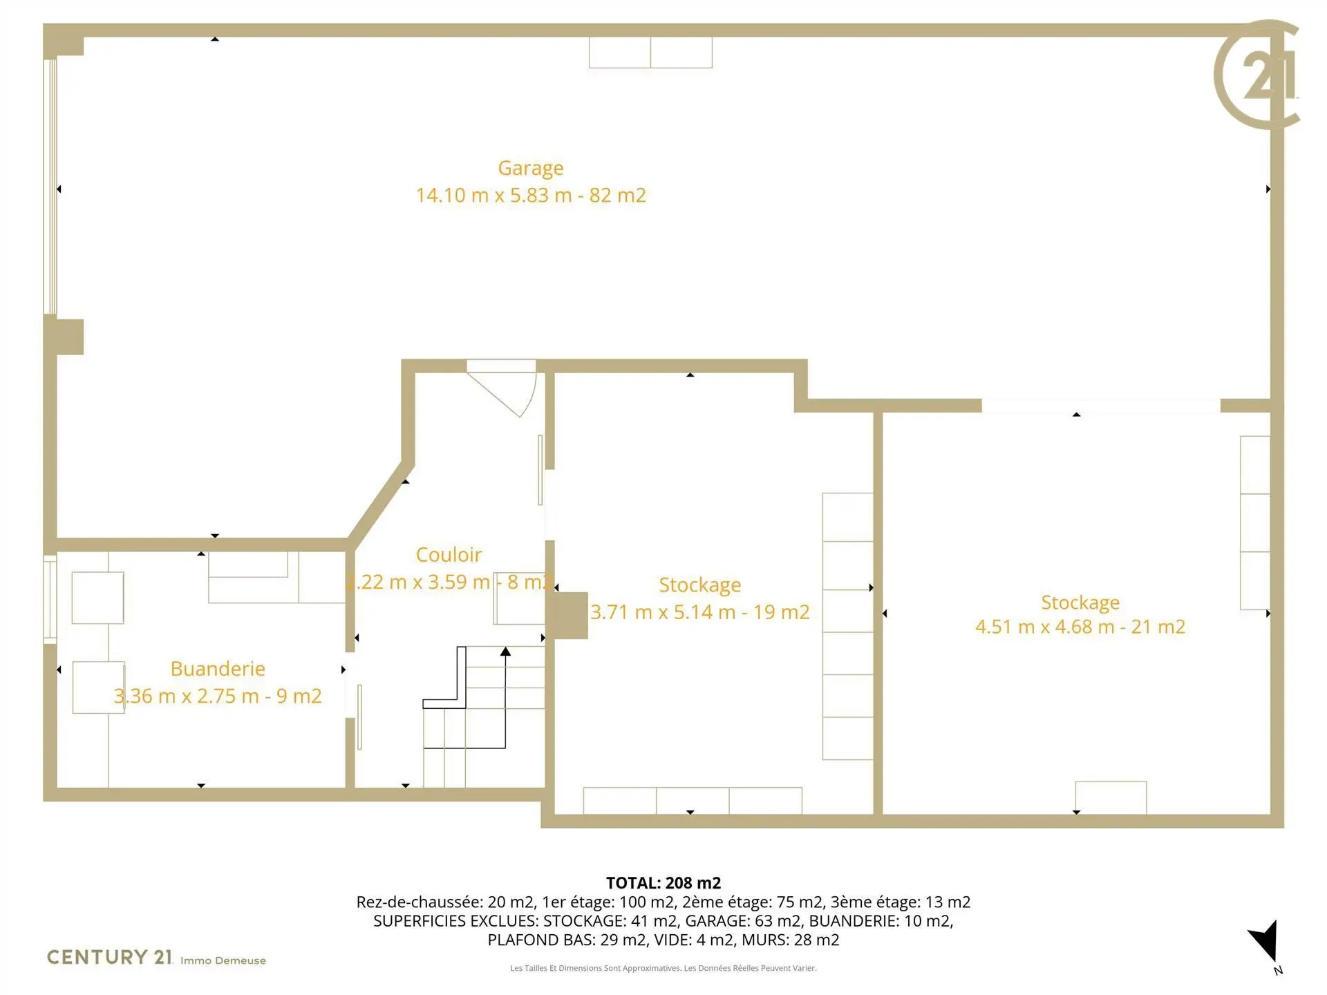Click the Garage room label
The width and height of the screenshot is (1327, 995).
click(531, 169)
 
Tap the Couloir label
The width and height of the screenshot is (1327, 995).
click(449, 555)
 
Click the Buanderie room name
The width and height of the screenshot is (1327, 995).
click(218, 669)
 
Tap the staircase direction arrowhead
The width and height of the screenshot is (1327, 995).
click(505, 652)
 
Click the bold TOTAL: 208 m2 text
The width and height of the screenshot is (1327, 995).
click(663, 883)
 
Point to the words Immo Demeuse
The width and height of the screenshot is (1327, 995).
click(223, 960)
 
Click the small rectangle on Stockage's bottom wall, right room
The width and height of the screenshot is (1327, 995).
click(1111, 798)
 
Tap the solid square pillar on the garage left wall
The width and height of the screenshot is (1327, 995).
click(64, 337)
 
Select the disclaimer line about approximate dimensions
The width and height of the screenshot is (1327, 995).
click(663, 968)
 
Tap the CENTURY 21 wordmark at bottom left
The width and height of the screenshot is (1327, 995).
click(109, 957)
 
